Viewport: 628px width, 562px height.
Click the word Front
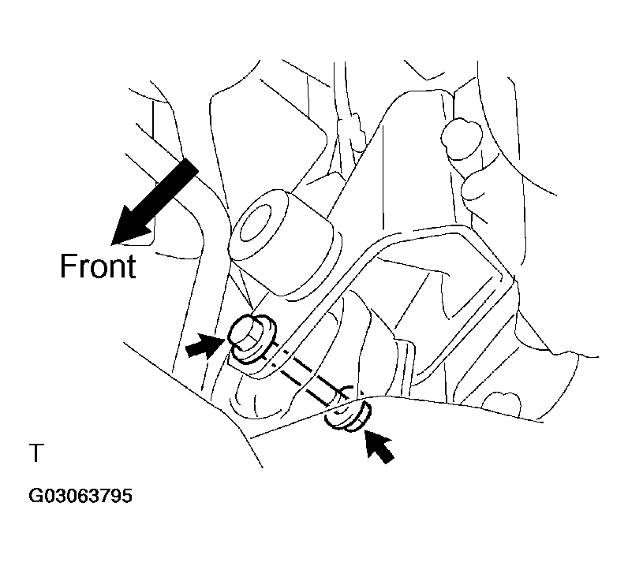tap(98, 266)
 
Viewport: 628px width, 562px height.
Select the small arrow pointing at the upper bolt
tap(205, 346)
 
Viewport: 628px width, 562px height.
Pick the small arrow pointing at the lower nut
tap(379, 445)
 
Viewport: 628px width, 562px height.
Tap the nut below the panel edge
tap(347, 418)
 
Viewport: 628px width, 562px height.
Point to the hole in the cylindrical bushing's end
tap(255, 225)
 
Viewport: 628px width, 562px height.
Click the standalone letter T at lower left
tap(36, 452)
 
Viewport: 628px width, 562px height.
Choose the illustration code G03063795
tap(80, 496)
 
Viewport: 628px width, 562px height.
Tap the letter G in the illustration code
tap(36, 496)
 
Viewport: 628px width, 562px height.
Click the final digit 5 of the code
tap(126, 496)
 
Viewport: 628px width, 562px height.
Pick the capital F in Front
tap(68, 266)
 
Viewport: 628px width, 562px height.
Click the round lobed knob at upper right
tap(461, 139)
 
